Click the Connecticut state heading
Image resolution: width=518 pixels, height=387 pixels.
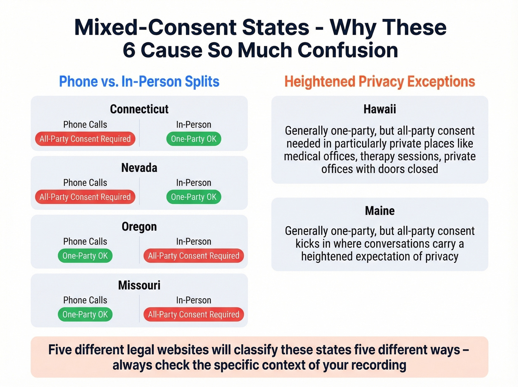click(139, 109)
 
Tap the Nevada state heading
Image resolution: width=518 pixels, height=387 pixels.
click(139, 168)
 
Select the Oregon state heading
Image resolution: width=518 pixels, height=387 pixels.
click(139, 227)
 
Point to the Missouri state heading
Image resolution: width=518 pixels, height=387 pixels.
click(139, 285)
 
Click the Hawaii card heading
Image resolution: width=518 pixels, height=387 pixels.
click(380, 109)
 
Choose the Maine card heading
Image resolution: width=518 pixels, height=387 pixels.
click(380, 211)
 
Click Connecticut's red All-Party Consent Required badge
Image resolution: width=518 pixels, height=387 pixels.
click(85, 139)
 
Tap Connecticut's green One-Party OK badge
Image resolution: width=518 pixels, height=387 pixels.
click(194, 139)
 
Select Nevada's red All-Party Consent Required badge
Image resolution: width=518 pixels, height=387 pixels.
click(85, 197)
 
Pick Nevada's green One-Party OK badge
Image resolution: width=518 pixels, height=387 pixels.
click(194, 197)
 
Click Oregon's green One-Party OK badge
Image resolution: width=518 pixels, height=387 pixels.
click(85, 256)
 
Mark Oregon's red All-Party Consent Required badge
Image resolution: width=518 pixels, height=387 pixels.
click(194, 256)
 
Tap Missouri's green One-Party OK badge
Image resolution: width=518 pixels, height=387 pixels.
click(85, 314)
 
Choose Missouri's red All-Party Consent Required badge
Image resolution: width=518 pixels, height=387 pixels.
click(194, 314)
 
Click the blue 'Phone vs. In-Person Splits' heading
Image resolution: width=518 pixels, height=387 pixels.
click(139, 81)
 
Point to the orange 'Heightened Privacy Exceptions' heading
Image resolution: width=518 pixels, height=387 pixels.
click(380, 81)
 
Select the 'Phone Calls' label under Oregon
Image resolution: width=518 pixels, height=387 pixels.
click(85, 241)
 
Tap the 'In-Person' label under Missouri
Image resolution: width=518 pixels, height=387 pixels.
click(194, 300)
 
